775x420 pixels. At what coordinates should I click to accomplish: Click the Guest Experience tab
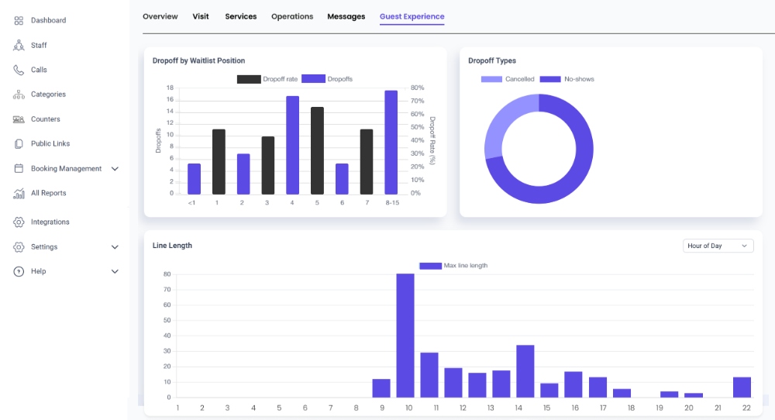[412, 16]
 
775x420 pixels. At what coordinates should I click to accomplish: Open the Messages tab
[346, 16]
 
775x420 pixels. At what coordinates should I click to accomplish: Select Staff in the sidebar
[39, 45]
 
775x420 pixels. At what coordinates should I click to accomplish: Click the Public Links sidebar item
[50, 143]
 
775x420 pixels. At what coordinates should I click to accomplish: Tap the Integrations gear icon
[19, 222]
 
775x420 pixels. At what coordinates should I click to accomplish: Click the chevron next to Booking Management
[115, 169]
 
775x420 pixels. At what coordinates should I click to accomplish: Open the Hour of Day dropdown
[718, 246]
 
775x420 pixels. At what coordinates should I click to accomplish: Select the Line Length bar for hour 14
[525, 370]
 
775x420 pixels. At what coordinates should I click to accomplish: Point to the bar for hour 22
[742, 387]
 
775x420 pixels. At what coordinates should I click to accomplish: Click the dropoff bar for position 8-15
[391, 143]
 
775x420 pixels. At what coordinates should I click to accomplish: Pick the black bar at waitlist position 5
[317, 150]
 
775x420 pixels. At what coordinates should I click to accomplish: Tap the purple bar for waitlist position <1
[194, 178]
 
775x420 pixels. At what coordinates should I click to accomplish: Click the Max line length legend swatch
[430, 266]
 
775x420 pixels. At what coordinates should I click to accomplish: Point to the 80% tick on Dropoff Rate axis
[417, 88]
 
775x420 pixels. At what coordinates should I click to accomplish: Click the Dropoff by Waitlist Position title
[198, 60]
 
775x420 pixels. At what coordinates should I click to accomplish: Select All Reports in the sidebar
[48, 193]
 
